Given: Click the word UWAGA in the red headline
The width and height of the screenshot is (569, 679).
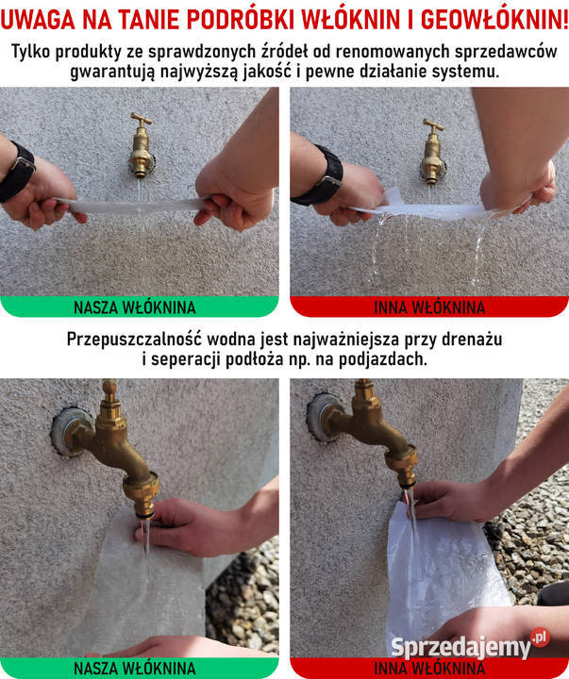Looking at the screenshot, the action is tap(37, 19).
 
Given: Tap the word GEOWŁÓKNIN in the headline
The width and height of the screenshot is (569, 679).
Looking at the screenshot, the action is tap(494, 19).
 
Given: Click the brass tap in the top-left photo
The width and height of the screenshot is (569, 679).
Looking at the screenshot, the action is tap(142, 145).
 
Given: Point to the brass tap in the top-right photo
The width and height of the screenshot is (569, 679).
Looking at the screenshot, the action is tap(432, 151).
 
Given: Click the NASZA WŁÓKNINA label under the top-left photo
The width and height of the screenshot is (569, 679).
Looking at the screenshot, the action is tap(135, 307).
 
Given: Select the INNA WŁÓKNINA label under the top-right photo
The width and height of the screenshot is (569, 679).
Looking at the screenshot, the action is tap(429, 307).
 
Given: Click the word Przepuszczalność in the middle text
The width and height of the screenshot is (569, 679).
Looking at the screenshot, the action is tap(134, 339).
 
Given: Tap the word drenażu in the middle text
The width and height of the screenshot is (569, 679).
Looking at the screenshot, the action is tap(472, 339).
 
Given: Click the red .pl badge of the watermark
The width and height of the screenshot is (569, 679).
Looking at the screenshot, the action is tap(540, 638).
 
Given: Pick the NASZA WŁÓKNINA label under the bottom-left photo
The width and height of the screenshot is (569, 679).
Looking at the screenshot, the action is tap(135, 669).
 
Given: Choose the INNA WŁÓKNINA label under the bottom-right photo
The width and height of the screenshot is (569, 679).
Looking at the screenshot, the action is tap(429, 669).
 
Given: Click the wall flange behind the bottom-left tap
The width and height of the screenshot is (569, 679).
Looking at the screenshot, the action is tap(69, 431).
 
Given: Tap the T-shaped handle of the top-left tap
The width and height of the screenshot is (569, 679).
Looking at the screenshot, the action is tap(142, 119).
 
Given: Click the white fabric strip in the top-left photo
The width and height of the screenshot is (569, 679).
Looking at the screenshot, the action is tap(134, 206).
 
